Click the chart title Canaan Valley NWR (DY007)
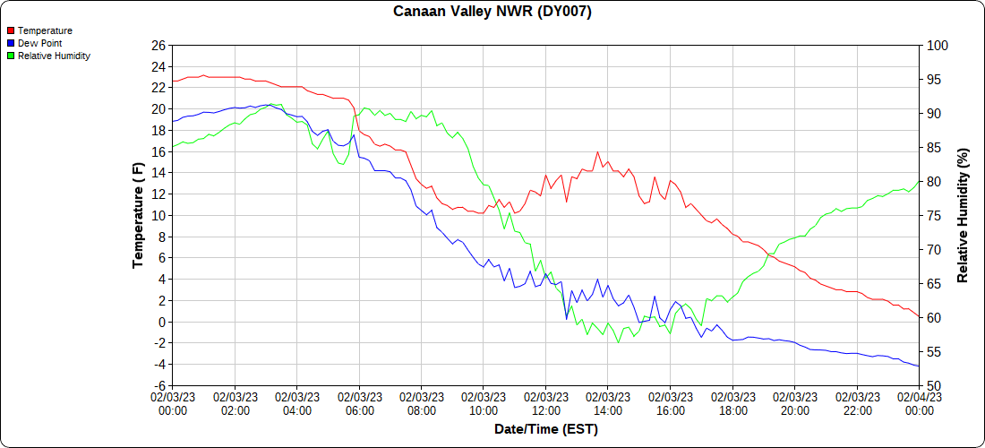(x=492, y=12)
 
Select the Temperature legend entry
(x=45, y=30)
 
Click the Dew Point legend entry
(x=39, y=43)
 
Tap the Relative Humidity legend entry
(x=54, y=56)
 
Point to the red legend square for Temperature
(x=11, y=30)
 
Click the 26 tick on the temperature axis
(x=158, y=45)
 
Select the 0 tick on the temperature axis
(x=162, y=322)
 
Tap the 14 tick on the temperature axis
(x=158, y=173)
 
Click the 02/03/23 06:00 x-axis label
(x=359, y=403)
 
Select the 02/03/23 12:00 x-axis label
(x=546, y=403)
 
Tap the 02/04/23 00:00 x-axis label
(x=919, y=403)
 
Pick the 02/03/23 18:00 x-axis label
(x=732, y=403)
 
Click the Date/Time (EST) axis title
(x=546, y=429)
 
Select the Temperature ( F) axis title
(x=138, y=215)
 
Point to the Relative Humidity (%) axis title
(x=963, y=215)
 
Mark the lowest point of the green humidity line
(x=619, y=342)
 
